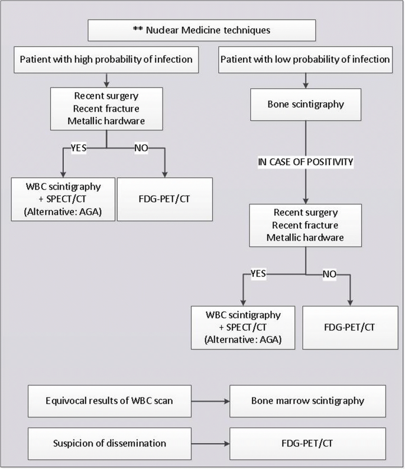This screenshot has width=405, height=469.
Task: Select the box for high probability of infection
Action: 106,59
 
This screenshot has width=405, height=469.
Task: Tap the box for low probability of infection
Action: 304,59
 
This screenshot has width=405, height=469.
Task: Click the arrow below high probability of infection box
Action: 106,79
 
